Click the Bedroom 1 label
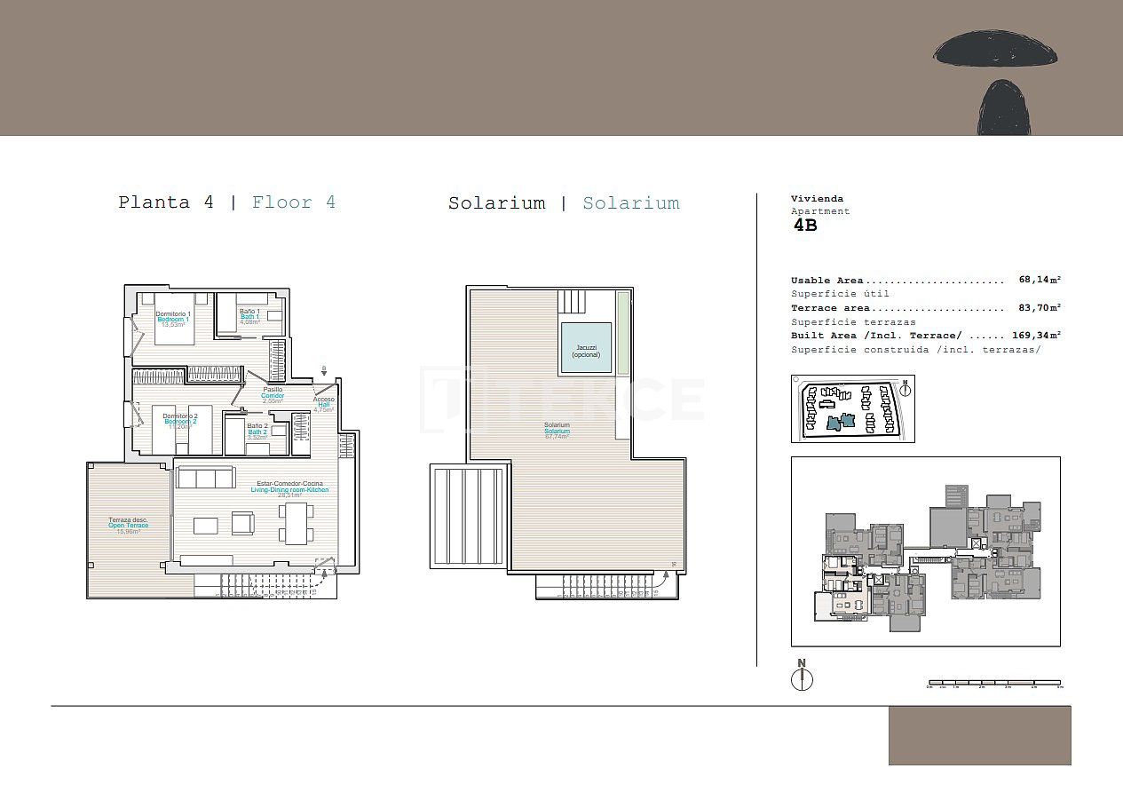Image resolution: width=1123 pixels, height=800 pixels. [x=173, y=319]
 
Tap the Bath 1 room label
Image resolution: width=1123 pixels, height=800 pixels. [x=249, y=317]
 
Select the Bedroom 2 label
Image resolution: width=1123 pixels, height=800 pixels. [x=180, y=421]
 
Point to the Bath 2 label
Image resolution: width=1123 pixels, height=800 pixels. [x=257, y=431]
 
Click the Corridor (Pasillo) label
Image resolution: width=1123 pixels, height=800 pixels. [x=273, y=395]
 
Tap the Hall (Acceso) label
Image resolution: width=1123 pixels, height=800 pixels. [x=324, y=405]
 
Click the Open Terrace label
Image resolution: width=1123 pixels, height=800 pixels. [x=129, y=525]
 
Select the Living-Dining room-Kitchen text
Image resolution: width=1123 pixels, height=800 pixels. [x=289, y=489]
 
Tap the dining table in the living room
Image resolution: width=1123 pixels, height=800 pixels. [x=295, y=523]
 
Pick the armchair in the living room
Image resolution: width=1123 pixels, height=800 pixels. [x=243, y=524]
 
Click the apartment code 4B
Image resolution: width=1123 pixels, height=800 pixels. [x=804, y=226]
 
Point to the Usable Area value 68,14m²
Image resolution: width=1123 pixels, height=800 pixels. [x=1040, y=280]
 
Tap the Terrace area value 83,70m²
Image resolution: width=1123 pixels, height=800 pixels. [x=1040, y=307]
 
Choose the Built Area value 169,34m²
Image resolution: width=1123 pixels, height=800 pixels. [x=1036, y=336]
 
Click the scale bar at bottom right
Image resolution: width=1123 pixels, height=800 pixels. [x=993, y=684]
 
